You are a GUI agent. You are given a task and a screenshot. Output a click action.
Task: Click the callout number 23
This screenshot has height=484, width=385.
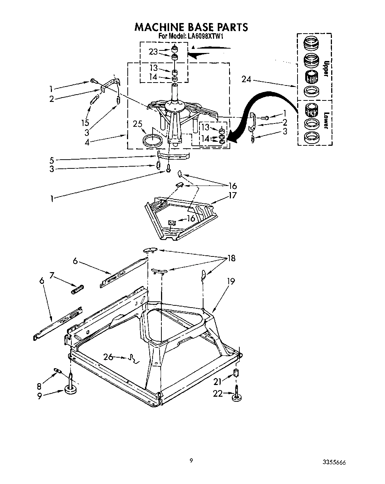tap(153, 52)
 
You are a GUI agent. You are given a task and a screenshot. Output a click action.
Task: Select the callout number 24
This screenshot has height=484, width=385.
tap(246, 79)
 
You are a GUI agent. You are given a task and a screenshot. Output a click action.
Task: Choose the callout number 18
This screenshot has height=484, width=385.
tap(231, 259)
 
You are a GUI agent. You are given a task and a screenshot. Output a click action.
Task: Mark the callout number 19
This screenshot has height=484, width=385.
tap(230, 281)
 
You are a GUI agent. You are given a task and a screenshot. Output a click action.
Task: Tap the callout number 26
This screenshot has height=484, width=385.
tap(108, 357)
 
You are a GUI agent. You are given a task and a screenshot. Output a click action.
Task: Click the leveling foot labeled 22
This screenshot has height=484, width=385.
tap(237, 397)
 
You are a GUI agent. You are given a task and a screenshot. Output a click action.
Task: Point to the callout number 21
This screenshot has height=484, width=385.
tap(218, 381)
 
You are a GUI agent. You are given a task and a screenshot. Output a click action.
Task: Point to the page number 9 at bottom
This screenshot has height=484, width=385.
tap(191, 461)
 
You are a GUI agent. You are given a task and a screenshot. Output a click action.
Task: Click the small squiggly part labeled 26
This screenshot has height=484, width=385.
tap(133, 360)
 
